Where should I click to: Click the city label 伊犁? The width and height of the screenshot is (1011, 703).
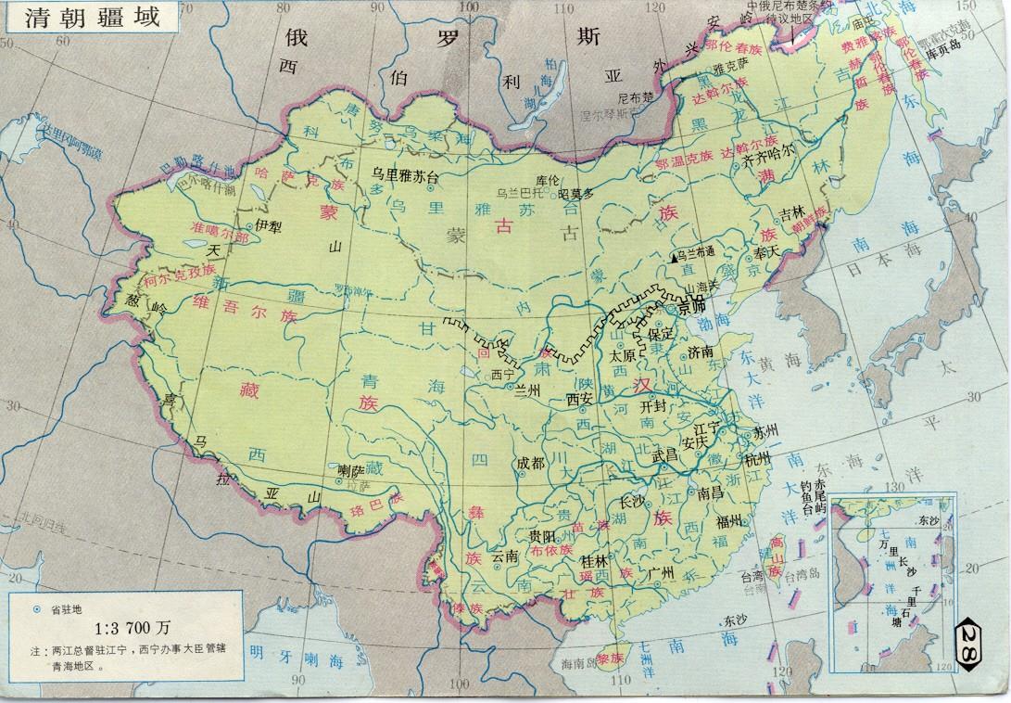click(267, 224)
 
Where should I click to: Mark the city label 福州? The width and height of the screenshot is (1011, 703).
click(729, 522)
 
